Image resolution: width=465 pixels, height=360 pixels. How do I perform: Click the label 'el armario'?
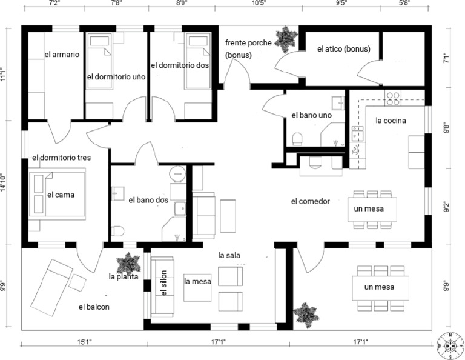click(x=62, y=55)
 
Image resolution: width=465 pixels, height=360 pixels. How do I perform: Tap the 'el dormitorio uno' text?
click(x=116, y=77)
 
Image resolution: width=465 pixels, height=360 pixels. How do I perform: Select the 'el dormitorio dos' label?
click(x=180, y=65)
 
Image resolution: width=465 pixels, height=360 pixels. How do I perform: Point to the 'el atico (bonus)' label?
click(x=343, y=49)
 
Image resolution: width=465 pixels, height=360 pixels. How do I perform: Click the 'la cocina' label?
click(x=391, y=120)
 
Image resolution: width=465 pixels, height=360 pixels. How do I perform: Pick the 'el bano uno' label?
click(x=311, y=115)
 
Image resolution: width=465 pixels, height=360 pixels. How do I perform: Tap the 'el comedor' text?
click(x=310, y=201)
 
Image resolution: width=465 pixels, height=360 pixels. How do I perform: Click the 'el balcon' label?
click(x=94, y=307)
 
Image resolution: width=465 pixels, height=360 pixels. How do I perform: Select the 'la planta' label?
click(x=124, y=276)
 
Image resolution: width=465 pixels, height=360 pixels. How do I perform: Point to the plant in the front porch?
click(x=284, y=37)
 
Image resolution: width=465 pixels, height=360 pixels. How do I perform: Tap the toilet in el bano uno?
click(x=297, y=139)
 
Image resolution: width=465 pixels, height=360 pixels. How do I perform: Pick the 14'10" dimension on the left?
click(x=4, y=182)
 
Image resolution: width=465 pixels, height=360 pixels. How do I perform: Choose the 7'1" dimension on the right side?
click(x=446, y=59)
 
